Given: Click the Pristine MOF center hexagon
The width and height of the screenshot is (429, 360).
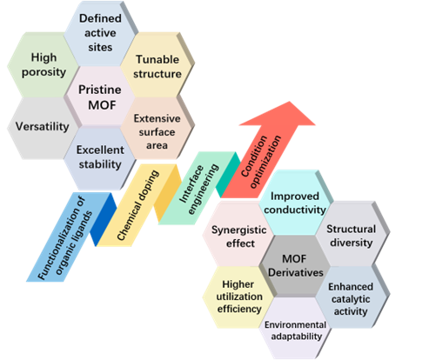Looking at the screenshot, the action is click(100, 97).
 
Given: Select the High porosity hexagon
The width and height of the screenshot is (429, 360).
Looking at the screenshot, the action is click(44, 64).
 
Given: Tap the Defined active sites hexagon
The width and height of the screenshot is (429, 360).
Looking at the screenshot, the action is click(100, 33).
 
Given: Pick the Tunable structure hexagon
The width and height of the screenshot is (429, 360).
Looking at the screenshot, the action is click(157, 64).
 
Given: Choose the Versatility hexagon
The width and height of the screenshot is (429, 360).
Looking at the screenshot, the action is click(43, 128).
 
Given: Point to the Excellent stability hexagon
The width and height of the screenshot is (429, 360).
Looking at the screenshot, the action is click(99, 158).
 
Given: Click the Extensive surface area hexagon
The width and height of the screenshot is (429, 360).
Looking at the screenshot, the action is click(157, 128).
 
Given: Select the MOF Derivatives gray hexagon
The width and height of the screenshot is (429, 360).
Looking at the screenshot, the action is click(295, 266).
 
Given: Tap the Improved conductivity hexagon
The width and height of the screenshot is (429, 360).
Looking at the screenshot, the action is click(295, 203).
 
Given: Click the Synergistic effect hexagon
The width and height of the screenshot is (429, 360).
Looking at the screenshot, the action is click(238, 235).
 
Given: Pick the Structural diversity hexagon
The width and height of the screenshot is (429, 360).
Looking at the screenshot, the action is click(352, 235).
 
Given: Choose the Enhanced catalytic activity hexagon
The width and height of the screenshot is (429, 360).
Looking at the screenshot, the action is click(352, 297).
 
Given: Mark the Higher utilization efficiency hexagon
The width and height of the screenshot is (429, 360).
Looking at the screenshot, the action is click(238, 297).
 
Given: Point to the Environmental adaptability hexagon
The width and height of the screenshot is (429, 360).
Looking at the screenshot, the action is click(296, 329).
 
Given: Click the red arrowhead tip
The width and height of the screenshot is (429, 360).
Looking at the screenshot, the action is click(289, 102).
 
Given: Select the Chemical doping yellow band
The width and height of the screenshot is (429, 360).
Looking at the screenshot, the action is click(138, 205).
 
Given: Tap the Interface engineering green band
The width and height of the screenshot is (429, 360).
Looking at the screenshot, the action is click(198, 189).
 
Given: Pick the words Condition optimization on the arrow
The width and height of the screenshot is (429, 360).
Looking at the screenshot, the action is click(261, 161).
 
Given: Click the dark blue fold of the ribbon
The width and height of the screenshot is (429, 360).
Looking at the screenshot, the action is click(103, 220).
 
